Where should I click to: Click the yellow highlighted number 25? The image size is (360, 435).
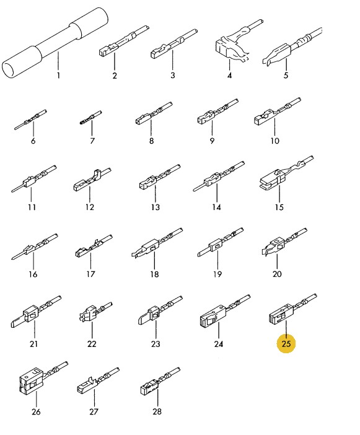click(286, 344)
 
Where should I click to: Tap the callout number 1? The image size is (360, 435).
click(58, 75)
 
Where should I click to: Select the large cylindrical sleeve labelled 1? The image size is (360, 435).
click(55, 42)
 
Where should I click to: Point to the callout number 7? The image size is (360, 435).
click(92, 141)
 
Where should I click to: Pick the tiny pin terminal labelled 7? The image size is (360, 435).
click(90, 118)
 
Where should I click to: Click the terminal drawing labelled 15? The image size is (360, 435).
click(287, 173)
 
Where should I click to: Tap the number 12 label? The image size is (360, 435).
click(90, 207)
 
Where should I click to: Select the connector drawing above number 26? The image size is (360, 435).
click(43, 379)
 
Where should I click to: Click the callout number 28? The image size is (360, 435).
click(157, 411)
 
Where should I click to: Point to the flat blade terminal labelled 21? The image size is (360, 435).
click(36, 312)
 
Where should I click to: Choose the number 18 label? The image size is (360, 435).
click(154, 275)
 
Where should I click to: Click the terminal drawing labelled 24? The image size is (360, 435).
click(225, 311)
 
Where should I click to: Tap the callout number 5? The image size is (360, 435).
click(286, 75)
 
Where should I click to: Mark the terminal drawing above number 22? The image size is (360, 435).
click(95, 312)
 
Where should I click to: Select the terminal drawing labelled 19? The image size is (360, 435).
click(221, 242)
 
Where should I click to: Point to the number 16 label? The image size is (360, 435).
click(33, 275)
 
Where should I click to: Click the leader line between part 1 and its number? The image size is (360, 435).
click(58, 61)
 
